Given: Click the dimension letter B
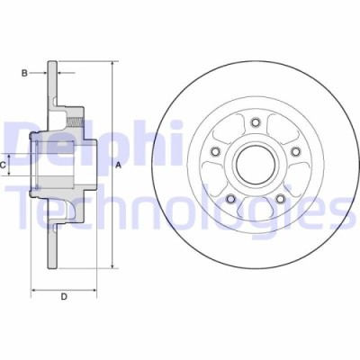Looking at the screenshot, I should pos(24,72).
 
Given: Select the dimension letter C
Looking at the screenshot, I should pos(4,166).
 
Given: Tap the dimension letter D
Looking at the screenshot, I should pos(63,296).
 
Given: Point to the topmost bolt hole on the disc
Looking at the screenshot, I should pos(255,121).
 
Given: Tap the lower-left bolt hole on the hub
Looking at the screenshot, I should pos(230,198).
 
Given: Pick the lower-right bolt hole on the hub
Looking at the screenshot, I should pos(278,198).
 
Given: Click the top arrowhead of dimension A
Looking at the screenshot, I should pos(113,65).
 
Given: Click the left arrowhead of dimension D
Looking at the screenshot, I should pos(34,290).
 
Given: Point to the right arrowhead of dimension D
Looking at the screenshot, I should pos(94,290).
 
